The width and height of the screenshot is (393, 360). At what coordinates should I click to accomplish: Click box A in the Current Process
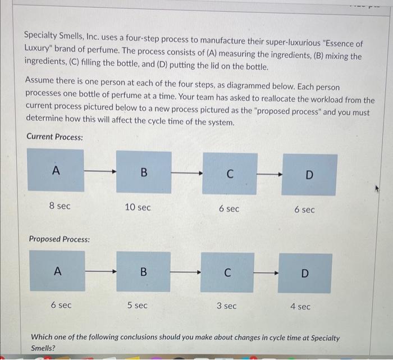coord(56,170)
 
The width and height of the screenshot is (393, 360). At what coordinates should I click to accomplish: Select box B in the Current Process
coord(144,172)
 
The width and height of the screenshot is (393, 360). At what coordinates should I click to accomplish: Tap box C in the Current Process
coord(230,174)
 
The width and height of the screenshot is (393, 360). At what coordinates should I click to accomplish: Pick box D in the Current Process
coord(309,175)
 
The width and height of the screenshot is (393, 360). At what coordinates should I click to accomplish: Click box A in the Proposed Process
coord(57,271)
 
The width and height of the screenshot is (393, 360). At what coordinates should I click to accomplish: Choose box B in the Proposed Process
coord(143,271)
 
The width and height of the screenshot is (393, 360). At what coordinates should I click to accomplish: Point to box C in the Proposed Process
coord(227,272)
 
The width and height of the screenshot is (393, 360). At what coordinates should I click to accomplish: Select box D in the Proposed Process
coord(305,273)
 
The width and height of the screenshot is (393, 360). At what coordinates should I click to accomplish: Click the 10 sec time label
coord(138,207)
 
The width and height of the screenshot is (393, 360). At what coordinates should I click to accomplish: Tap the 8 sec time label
coord(60,206)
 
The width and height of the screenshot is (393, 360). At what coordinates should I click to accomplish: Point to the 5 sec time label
coord(138,305)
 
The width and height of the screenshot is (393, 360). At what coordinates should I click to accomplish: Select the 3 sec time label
coord(227,306)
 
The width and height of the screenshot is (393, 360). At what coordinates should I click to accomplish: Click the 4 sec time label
coord(300,306)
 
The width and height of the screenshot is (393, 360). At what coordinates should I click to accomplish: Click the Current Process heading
coord(54,136)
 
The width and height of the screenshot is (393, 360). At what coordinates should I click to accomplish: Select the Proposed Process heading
coord(60,239)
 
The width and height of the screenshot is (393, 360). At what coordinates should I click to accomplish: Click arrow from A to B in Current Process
coord(100,171)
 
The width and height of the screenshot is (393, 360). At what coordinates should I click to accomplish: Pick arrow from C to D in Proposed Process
coord(266,273)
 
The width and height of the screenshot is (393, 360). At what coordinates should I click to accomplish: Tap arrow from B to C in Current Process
coord(187,173)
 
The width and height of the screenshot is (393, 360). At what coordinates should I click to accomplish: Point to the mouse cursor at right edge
coord(377,189)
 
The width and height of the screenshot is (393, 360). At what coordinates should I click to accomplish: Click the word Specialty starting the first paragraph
coord(40,35)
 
